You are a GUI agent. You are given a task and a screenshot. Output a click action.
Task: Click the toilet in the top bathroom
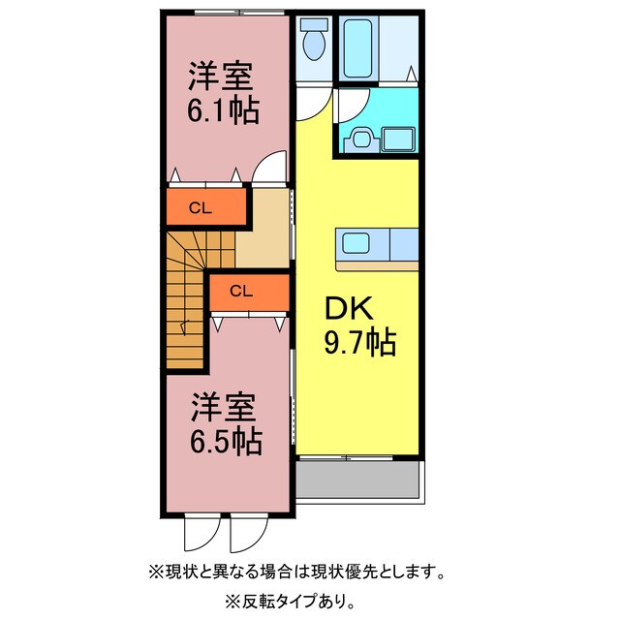[313, 44]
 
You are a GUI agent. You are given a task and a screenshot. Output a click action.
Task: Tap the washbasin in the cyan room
[362, 139]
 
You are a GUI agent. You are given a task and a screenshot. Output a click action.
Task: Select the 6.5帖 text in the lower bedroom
[225, 443]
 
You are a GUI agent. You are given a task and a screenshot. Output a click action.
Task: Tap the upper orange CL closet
[201, 206]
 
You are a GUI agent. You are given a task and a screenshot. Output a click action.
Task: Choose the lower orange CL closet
[242, 289]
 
